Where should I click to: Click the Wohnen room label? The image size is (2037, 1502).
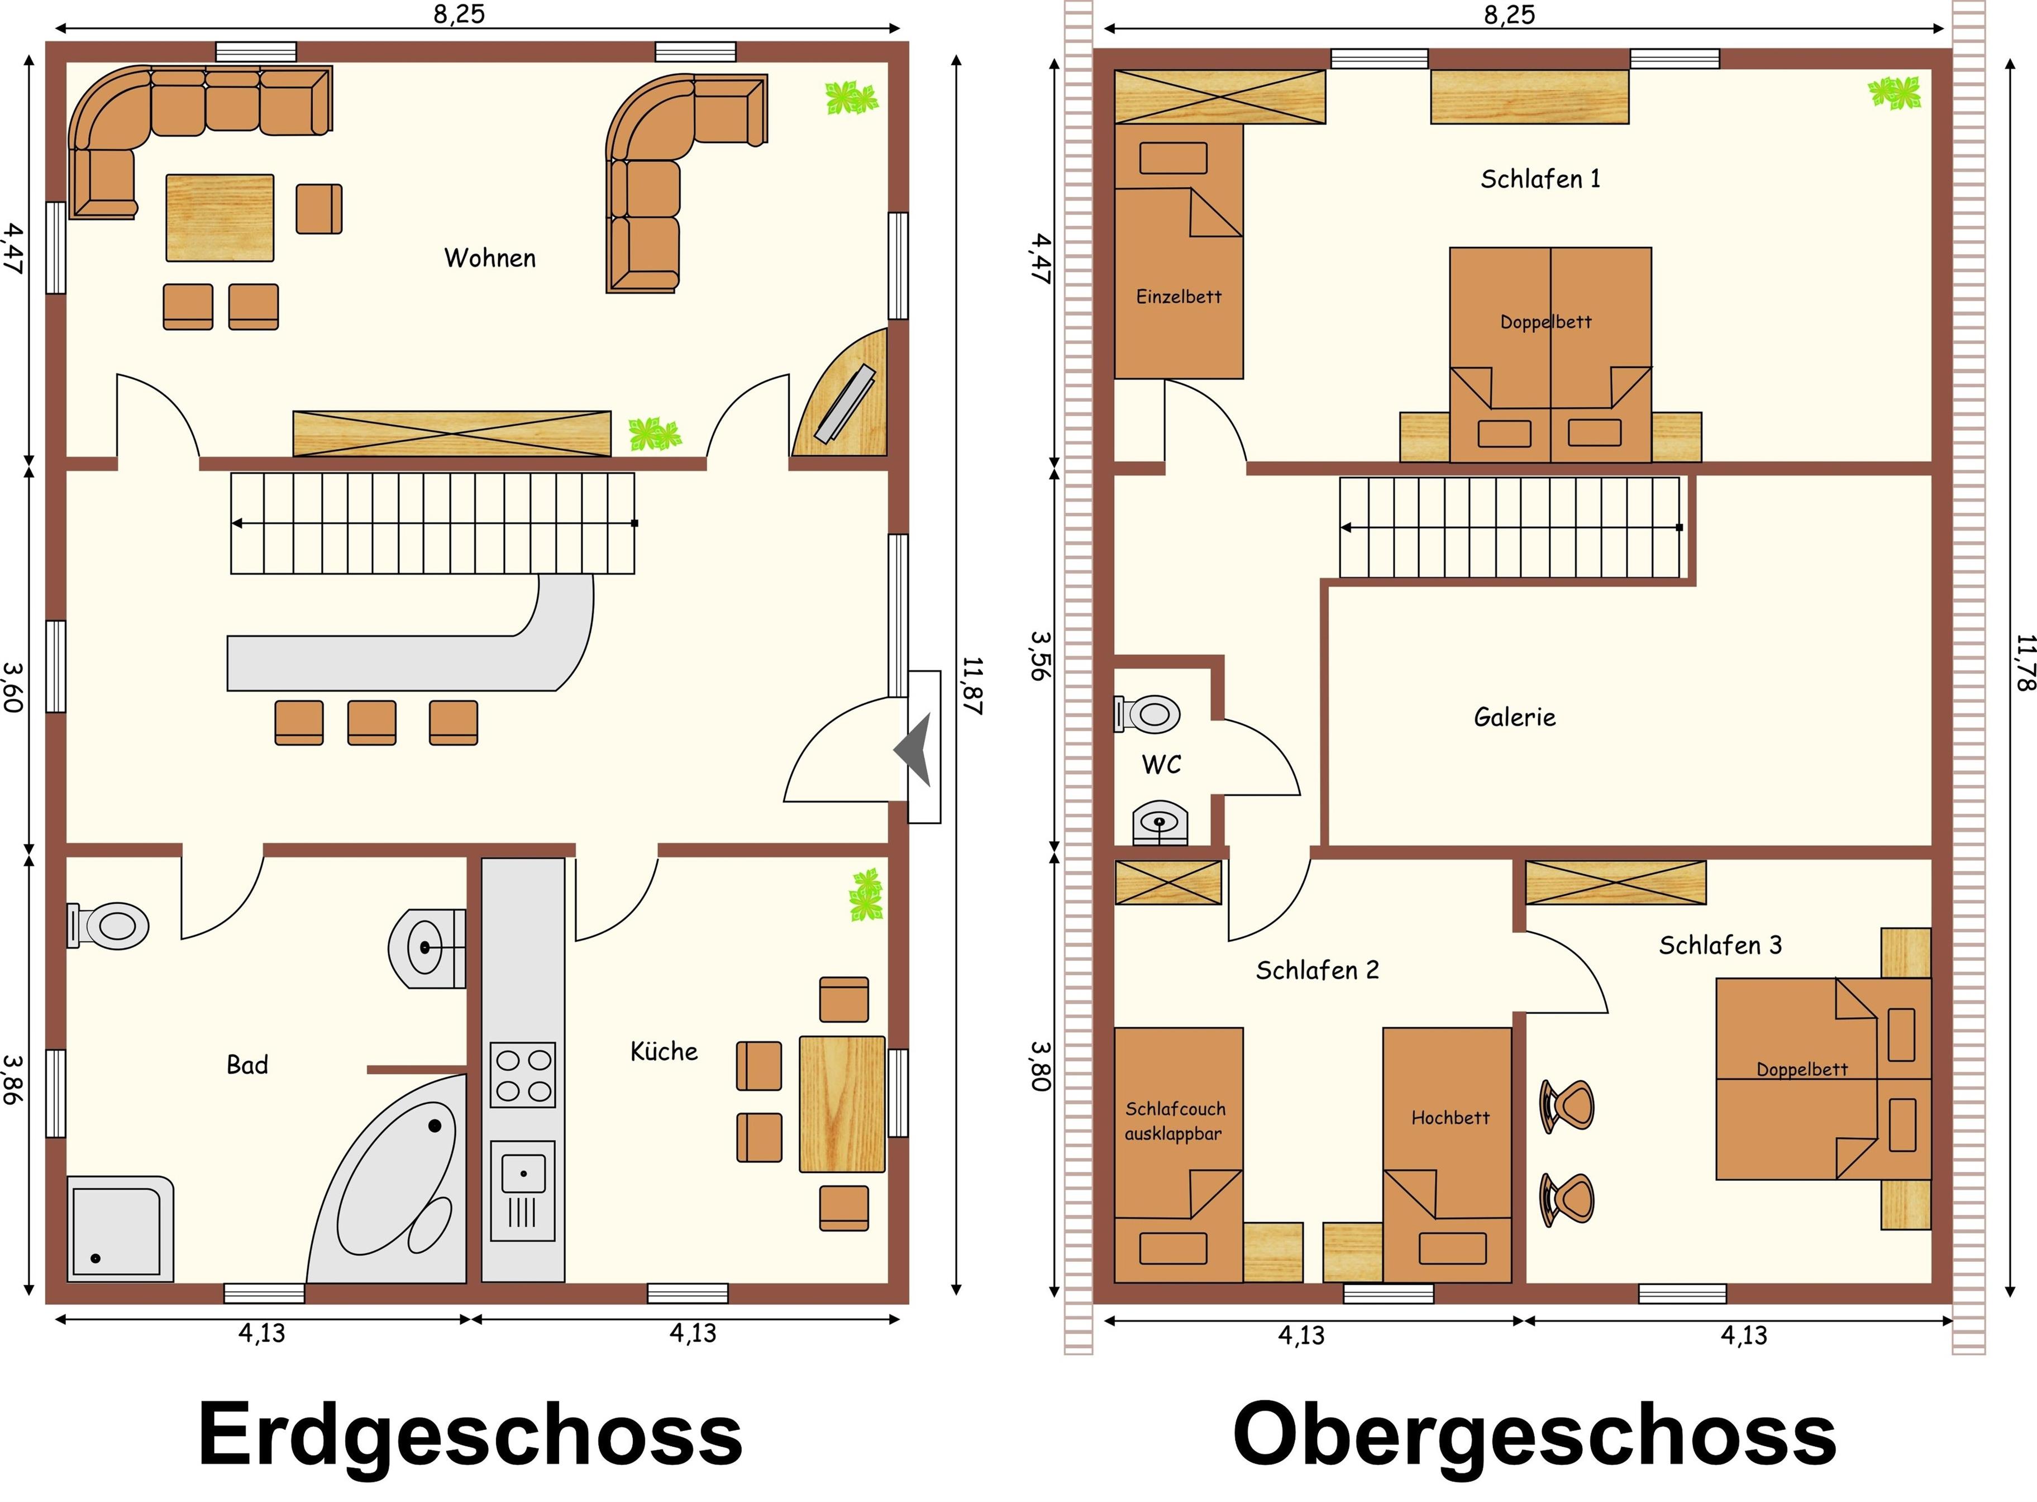click(490, 258)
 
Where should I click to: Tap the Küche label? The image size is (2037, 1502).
click(665, 1051)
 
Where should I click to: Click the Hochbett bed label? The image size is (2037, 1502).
click(1450, 1117)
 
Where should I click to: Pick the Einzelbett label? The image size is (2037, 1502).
click(1179, 297)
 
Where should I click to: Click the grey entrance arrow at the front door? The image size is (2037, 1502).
click(914, 751)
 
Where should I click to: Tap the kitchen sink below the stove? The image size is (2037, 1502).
click(523, 1191)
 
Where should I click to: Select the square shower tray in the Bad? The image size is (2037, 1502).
click(120, 1228)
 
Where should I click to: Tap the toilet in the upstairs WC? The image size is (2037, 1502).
click(1148, 714)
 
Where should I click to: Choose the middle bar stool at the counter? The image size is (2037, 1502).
click(372, 723)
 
